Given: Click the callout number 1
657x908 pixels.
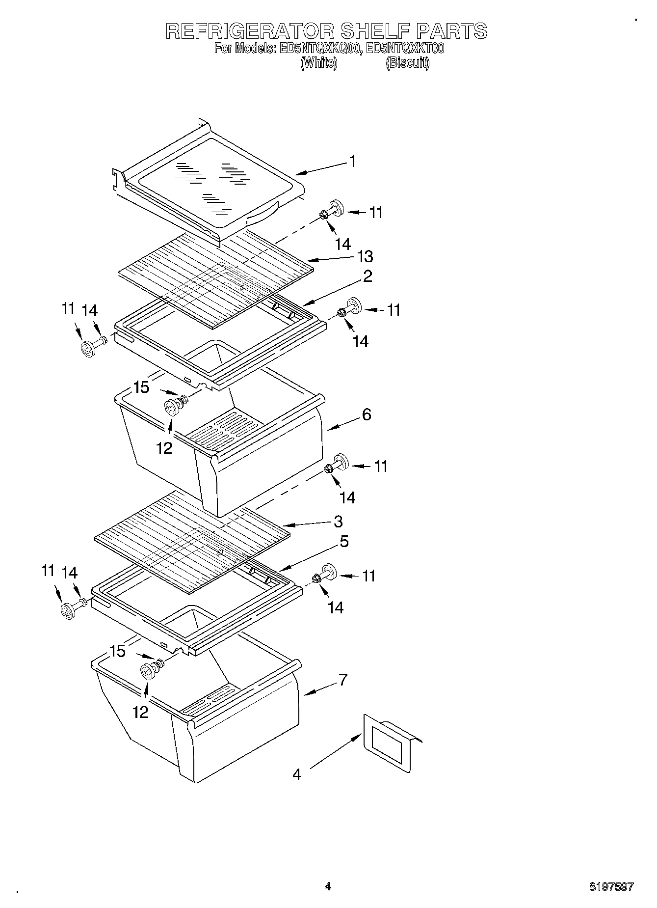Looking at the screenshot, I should [x=352, y=161].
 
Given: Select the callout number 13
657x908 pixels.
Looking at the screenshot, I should [x=365, y=256].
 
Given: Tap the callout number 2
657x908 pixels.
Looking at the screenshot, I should [x=367, y=276].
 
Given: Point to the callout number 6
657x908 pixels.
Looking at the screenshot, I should [x=366, y=414].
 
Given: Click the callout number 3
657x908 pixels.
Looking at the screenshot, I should [x=338, y=521].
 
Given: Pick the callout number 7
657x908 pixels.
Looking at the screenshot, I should [x=342, y=680].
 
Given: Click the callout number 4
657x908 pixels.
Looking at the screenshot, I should [x=296, y=774].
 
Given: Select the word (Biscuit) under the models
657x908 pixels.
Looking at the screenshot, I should [x=407, y=63].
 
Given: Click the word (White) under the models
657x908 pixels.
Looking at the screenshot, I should [x=318, y=63].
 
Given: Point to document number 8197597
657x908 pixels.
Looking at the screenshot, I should [x=611, y=886].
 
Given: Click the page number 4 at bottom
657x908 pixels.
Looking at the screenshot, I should [x=328, y=886].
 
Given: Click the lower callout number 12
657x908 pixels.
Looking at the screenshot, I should [x=140, y=712].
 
